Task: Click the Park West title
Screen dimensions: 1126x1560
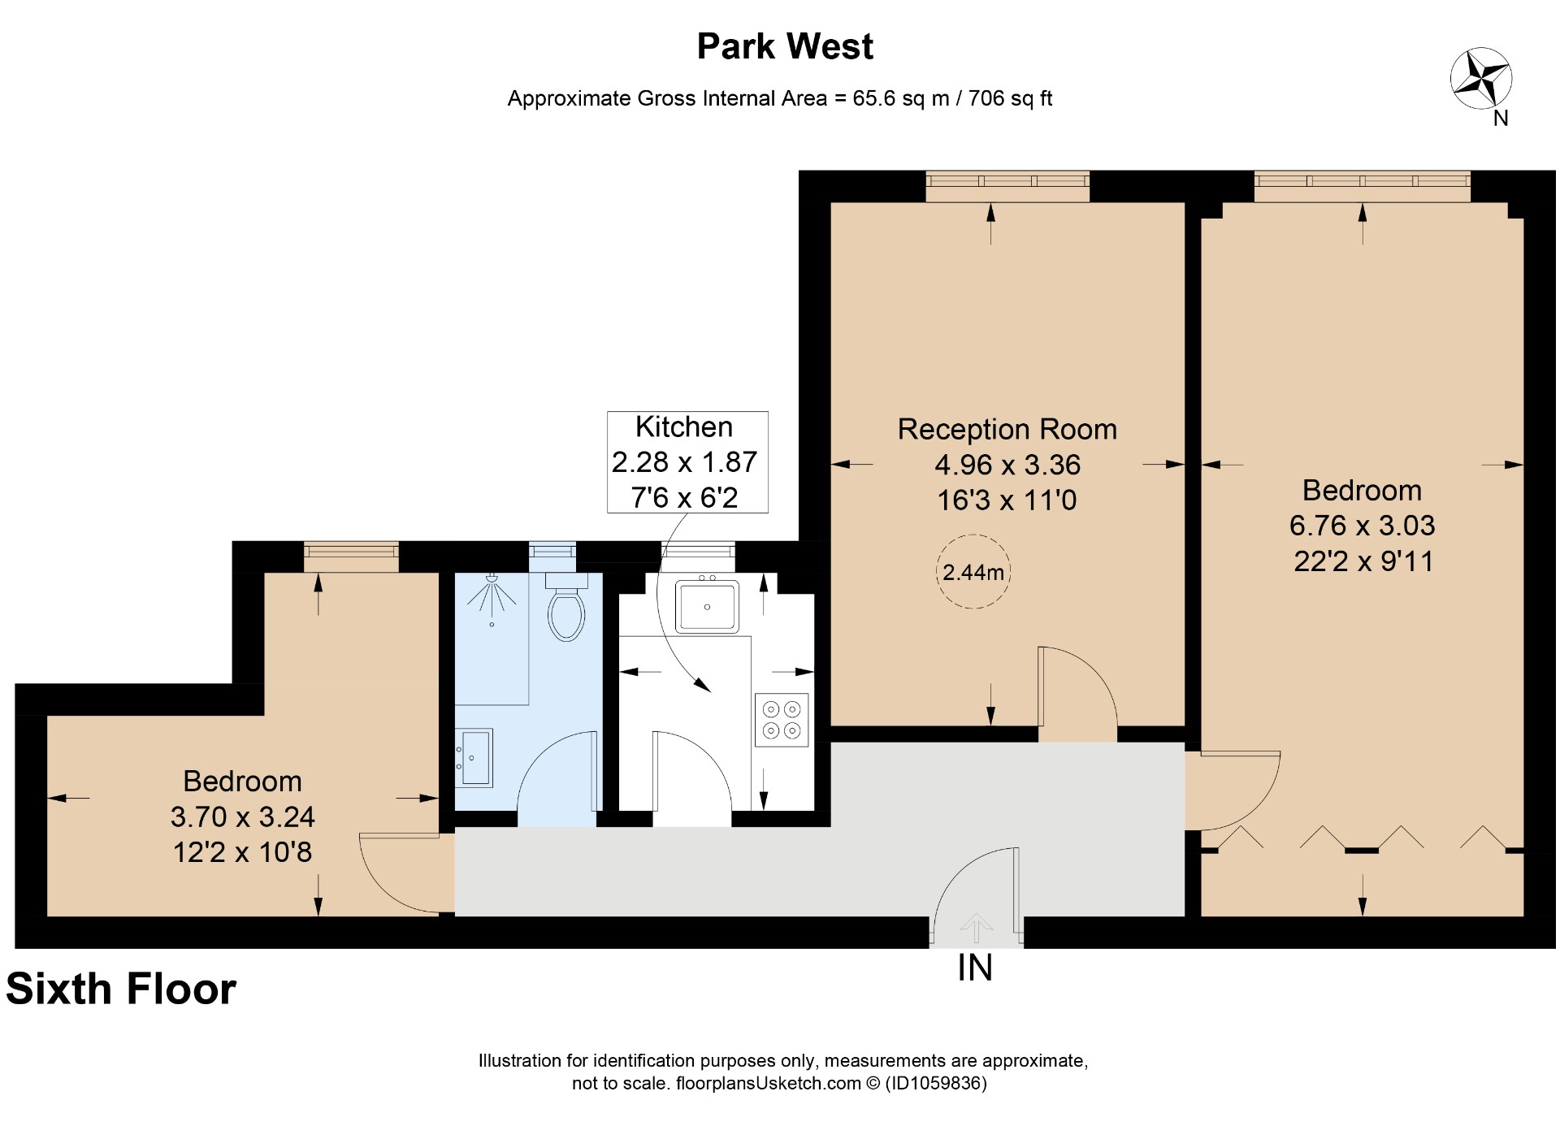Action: coord(785,46)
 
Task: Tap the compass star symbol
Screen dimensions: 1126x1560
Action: coord(1480,79)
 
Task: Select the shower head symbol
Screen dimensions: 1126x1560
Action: coord(492,595)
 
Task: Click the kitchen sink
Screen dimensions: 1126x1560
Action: coord(707,606)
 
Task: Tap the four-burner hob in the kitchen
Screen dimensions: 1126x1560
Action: coord(782,720)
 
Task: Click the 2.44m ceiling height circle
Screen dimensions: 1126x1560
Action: coord(973,572)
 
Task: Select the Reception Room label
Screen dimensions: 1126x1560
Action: coord(1007,429)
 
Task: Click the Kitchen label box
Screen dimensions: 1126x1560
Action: coord(687,461)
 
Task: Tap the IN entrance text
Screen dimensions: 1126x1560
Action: coord(975,968)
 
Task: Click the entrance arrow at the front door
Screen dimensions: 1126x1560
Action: coord(976,927)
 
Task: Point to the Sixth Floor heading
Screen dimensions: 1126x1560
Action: coord(121,989)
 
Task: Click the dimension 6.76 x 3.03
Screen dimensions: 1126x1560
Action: coord(1362,526)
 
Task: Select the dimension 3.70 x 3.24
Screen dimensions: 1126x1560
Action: coord(242,816)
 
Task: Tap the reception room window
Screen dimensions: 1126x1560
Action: coord(1007,186)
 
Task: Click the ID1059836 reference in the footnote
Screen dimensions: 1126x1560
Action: coord(935,1083)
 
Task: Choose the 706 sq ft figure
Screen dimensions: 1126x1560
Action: coord(1010,98)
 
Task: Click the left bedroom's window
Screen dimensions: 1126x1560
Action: coord(351,557)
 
